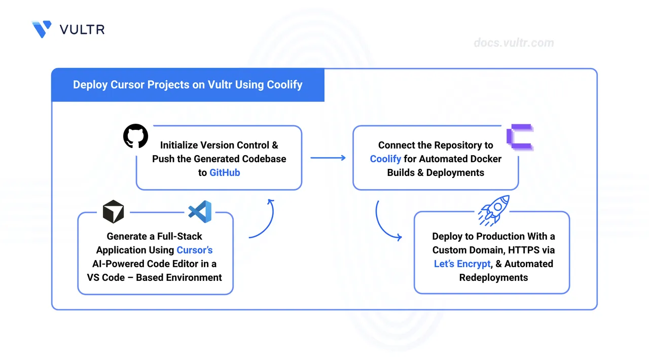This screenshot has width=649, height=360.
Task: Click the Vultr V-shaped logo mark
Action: (x=42, y=29)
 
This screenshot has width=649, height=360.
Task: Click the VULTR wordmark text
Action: (x=82, y=29)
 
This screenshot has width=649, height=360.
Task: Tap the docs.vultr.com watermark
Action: (x=514, y=43)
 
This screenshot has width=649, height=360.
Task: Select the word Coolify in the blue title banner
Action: (x=284, y=85)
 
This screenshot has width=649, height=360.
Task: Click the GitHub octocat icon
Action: (x=135, y=136)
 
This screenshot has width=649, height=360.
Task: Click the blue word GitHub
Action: (x=225, y=172)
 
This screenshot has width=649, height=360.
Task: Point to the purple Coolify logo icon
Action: (x=520, y=137)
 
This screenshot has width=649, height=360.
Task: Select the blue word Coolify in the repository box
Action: (x=385, y=159)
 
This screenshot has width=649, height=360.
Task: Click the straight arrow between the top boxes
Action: (x=328, y=158)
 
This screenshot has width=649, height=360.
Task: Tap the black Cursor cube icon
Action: (x=113, y=211)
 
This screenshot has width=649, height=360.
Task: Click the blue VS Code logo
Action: (x=200, y=211)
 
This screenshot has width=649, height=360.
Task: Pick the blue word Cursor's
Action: (x=195, y=250)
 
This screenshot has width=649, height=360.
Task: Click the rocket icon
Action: (x=494, y=210)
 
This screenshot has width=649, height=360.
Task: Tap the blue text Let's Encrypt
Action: (x=462, y=264)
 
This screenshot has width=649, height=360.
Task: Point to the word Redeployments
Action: (x=493, y=277)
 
